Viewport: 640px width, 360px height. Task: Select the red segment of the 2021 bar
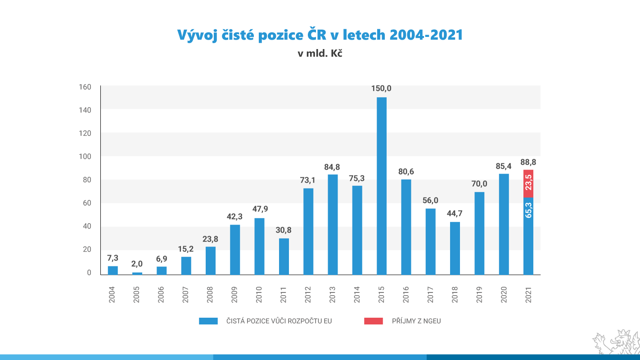[528, 184]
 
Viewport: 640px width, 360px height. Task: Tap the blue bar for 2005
[137, 273]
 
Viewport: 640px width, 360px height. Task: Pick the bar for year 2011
[284, 256]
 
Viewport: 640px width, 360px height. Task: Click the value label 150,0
[382, 89]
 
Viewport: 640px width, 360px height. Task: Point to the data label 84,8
[333, 167]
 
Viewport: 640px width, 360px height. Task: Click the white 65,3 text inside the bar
[528, 210]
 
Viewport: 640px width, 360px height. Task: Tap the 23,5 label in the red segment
[528, 183]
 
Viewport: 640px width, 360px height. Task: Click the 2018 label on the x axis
[455, 292]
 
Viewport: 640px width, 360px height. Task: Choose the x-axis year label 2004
[113, 292]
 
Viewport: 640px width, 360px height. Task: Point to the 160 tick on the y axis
[86, 87]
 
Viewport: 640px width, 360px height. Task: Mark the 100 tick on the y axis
[86, 157]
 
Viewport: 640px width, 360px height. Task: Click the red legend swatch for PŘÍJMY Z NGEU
[373, 321]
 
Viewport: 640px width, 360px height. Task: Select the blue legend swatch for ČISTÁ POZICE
[208, 321]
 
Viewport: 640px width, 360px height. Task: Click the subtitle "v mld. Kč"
[320, 54]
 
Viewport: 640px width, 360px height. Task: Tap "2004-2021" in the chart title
[426, 35]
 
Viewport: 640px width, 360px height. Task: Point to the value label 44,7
[455, 214]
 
